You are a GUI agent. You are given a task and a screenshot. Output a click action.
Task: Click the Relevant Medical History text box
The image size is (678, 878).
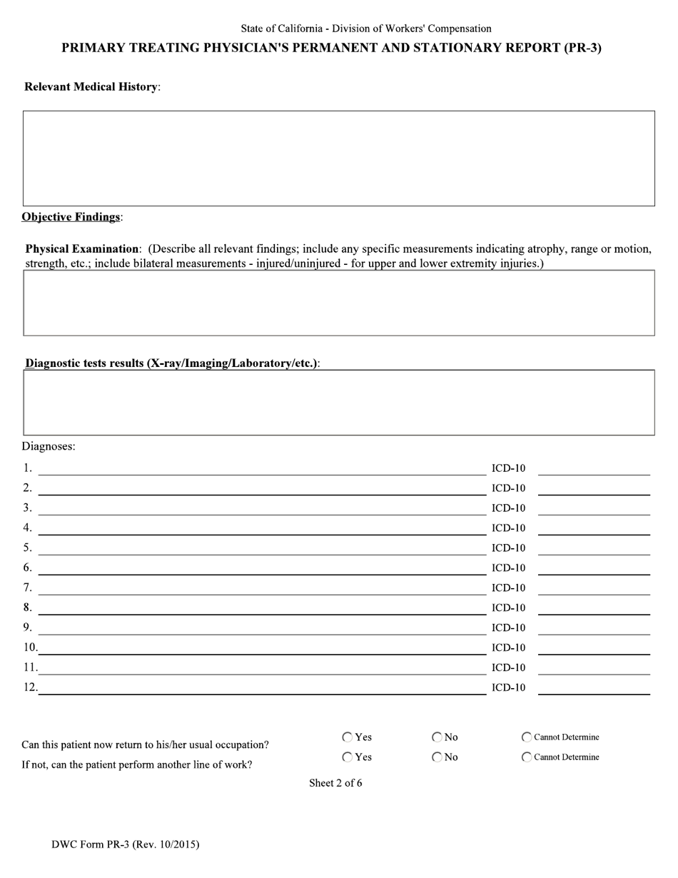point(338,158)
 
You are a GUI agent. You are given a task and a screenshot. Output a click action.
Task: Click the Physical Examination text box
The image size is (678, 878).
point(338,303)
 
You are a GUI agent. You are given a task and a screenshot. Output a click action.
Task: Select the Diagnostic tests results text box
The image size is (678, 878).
point(338,403)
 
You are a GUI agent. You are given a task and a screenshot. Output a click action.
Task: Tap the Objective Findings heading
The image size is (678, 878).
point(71,217)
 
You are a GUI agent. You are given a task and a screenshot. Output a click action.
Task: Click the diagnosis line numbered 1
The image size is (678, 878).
point(261,468)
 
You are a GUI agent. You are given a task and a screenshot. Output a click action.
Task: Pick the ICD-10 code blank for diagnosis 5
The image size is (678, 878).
point(593,548)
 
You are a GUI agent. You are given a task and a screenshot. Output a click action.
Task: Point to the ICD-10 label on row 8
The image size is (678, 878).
point(508,608)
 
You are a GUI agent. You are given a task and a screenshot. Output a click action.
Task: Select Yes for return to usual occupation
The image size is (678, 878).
point(348,737)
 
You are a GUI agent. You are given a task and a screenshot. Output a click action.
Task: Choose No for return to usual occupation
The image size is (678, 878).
point(437,737)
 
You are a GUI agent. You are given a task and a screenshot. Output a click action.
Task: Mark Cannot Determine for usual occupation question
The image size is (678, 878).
point(527,737)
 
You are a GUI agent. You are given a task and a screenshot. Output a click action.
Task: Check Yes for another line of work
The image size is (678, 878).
point(348,757)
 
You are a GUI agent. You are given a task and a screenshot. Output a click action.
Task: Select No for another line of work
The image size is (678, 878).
point(437,757)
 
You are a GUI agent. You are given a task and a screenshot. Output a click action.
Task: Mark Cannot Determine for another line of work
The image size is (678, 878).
point(527,757)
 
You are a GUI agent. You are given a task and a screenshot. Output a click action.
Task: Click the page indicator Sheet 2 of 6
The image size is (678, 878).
point(335,783)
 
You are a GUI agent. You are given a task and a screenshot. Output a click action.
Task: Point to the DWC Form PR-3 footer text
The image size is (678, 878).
point(126,845)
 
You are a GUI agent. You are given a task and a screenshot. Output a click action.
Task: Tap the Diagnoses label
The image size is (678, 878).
point(49,446)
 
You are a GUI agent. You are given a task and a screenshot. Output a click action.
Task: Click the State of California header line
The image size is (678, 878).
point(365,29)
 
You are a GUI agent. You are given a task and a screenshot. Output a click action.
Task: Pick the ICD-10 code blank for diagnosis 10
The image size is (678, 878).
point(593,648)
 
